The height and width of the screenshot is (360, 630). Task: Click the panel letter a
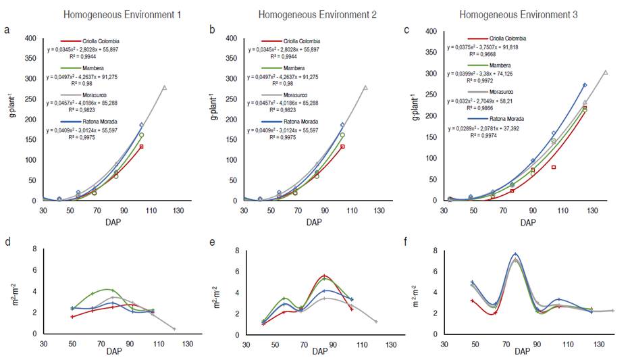click(x=6, y=30)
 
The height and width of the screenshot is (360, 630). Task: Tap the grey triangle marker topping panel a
click(x=164, y=87)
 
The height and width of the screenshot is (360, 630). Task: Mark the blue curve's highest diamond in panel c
click(x=585, y=85)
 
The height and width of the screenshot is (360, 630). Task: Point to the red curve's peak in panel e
click(x=324, y=276)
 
